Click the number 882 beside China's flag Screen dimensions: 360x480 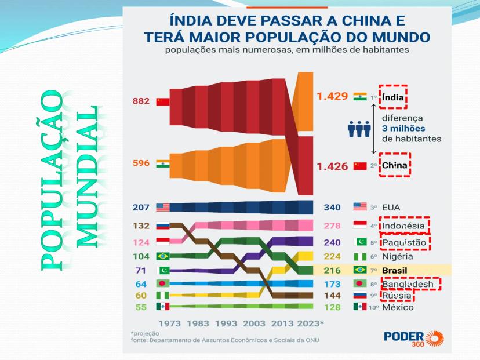tap(141, 101)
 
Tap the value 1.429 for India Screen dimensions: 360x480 tap(332, 96)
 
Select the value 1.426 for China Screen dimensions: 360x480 tap(332, 166)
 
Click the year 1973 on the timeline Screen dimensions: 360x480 tap(169, 323)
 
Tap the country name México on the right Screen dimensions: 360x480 tap(398, 307)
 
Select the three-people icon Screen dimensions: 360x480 tap(359, 129)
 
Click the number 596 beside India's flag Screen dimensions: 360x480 tap(141, 163)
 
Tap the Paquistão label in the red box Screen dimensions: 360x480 tap(404, 242)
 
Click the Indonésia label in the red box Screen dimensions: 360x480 tap(404, 226)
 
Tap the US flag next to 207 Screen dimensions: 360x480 tap(162, 207)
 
